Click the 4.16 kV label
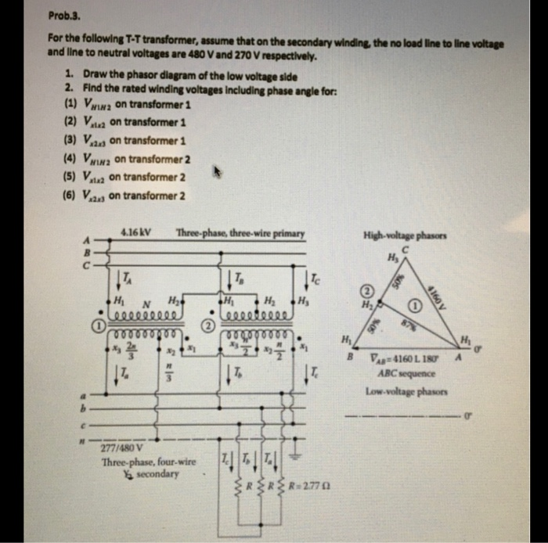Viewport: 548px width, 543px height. click(x=136, y=232)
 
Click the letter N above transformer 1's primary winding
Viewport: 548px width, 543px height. click(x=145, y=306)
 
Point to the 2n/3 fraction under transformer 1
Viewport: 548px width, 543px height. click(x=131, y=352)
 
